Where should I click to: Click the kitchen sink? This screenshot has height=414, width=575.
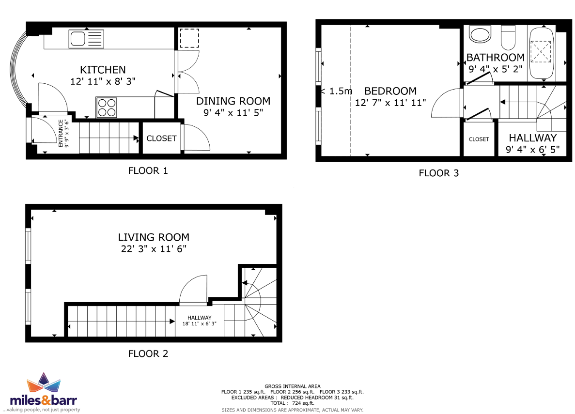pyautogui.click(x=86, y=39)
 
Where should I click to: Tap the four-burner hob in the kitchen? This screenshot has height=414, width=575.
pyautogui.click(x=107, y=107)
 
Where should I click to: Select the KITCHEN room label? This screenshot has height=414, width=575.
pyautogui.click(x=103, y=70)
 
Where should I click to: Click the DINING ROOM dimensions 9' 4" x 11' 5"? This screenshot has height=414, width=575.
pyautogui.click(x=233, y=112)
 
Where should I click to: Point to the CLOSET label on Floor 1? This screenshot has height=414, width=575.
pyautogui.click(x=161, y=138)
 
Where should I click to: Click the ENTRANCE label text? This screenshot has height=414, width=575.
pyautogui.click(x=61, y=133)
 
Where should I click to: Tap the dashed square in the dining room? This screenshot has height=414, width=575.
pyautogui.click(x=189, y=38)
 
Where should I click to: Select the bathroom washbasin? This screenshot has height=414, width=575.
pyautogui.click(x=480, y=35)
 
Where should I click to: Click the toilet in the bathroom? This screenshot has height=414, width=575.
pyautogui.click(x=508, y=37)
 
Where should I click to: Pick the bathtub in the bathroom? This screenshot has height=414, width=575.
pyautogui.click(x=541, y=54)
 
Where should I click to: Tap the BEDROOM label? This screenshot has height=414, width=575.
pyautogui.click(x=390, y=91)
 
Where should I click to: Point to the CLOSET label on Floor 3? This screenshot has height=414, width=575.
pyautogui.click(x=479, y=139)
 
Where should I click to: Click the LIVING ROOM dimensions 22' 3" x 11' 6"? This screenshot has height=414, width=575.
pyautogui.click(x=154, y=249)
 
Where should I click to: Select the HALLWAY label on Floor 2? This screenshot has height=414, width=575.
pyautogui.click(x=200, y=318)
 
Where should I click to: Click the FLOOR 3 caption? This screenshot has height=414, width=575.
pyautogui.click(x=438, y=173)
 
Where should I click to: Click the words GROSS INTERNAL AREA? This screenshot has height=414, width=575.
pyautogui.click(x=293, y=386)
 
